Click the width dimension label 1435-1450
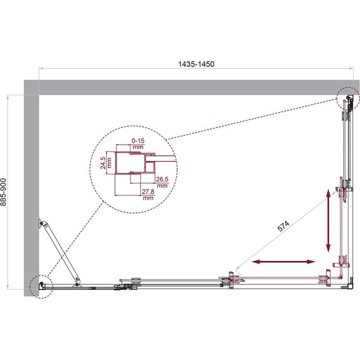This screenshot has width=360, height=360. click(196, 64)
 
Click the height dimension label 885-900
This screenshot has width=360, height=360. click(3, 192)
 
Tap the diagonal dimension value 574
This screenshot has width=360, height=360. click(284, 226)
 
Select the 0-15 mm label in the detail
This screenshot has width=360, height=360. click(138, 143)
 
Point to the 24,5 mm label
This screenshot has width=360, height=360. click(106, 163)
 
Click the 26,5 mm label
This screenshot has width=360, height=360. click(162, 182)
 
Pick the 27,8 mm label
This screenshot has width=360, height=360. click(148, 195)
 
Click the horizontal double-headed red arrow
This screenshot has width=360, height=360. click(284, 261)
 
